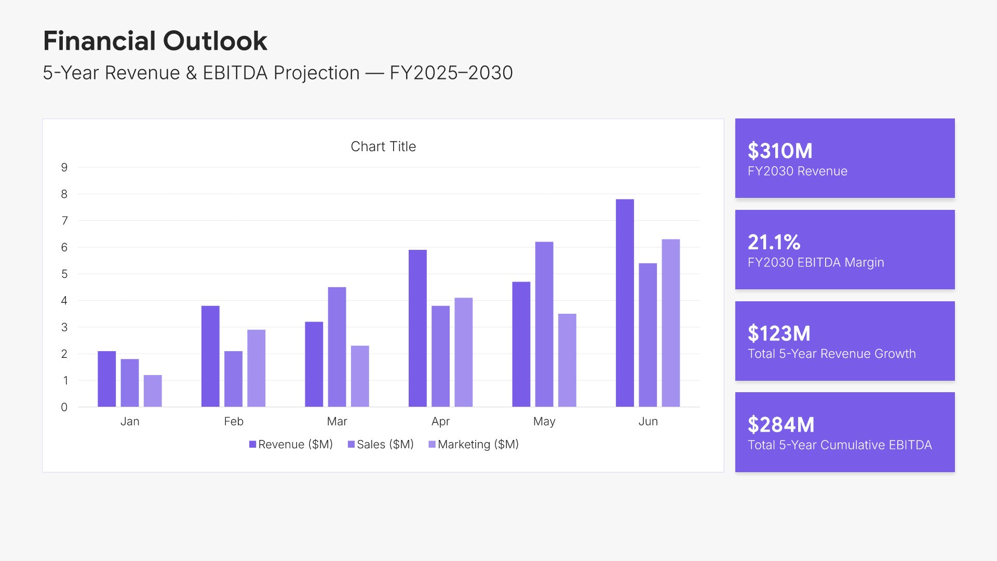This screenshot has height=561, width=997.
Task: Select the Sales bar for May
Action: point(544,324)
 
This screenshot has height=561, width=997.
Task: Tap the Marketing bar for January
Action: point(153,391)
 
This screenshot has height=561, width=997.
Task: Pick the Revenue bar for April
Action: point(417,328)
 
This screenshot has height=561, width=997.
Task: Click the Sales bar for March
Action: point(337,346)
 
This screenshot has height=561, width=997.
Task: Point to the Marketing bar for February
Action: point(256,368)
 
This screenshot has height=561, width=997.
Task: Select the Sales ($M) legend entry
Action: point(381,445)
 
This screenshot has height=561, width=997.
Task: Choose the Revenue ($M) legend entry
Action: point(291,445)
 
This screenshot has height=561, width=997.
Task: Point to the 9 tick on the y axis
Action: point(64,167)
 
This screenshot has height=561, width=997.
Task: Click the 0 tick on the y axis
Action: point(64,407)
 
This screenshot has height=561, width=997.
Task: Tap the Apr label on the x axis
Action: point(440,421)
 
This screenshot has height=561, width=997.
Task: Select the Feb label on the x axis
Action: point(234,421)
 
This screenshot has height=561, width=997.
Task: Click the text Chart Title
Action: point(383,146)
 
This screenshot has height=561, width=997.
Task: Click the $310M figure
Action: point(780,151)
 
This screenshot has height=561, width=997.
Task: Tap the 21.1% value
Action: point(774,243)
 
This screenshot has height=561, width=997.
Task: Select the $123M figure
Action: point(779,334)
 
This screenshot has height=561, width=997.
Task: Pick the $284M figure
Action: point(781,425)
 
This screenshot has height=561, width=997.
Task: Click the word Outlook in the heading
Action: point(215,41)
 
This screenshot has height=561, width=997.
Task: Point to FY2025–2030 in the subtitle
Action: point(451,73)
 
